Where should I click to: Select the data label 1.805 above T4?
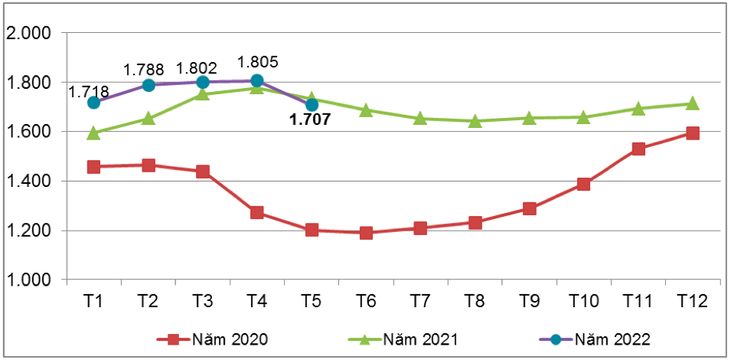[258, 62]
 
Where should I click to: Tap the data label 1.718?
[89, 92]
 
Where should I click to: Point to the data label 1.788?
[144, 70]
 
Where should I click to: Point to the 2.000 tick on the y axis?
[28, 33]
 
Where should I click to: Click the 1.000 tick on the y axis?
[28, 280]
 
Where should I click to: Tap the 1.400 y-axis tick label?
[28, 182]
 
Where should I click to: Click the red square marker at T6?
[366, 233]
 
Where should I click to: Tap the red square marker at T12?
[692, 133]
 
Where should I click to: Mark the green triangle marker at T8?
[475, 120]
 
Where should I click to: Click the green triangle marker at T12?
[692, 103]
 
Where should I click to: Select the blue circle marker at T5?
[312, 104]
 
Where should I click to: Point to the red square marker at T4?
[257, 212]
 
